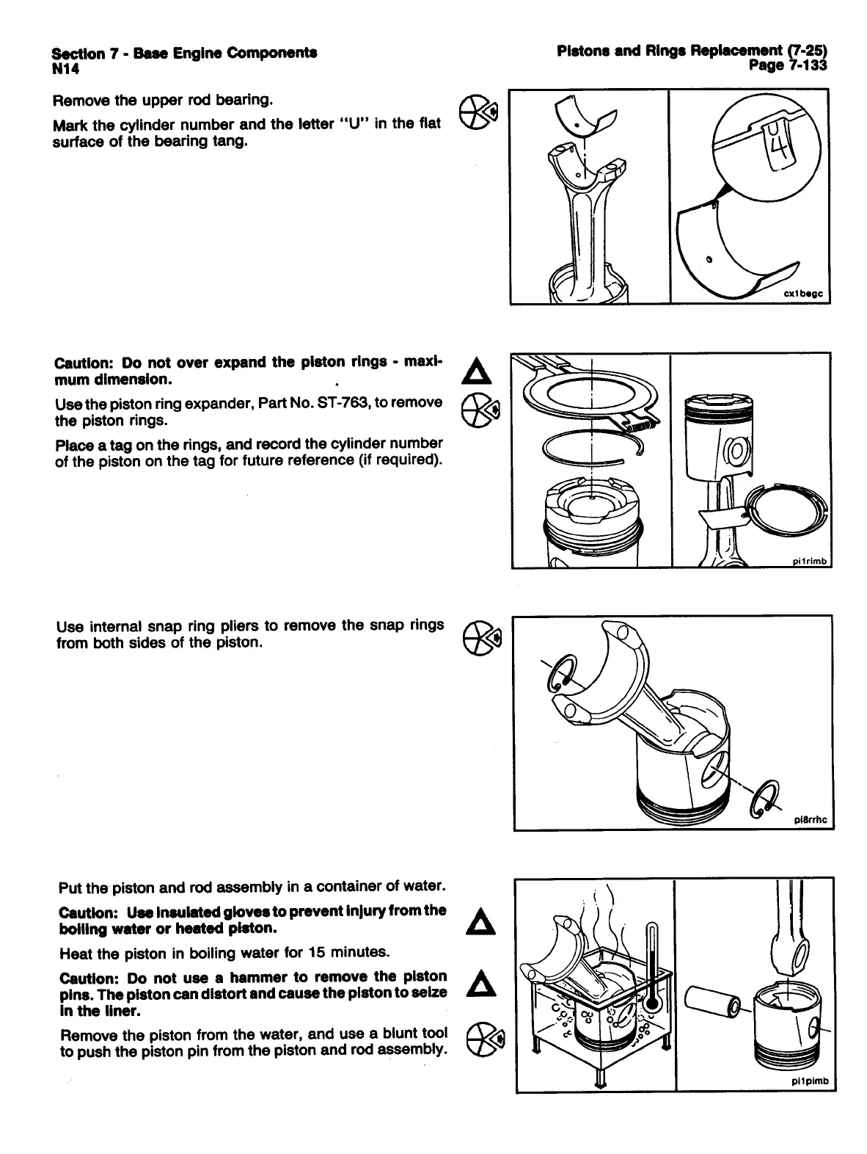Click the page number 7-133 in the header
800,66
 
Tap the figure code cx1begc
804,294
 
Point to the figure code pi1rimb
808,562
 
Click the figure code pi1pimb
811,1081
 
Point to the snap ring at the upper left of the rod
563,673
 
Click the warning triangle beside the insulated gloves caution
481,921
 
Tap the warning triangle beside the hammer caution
481,984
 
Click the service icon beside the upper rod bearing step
481,115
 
